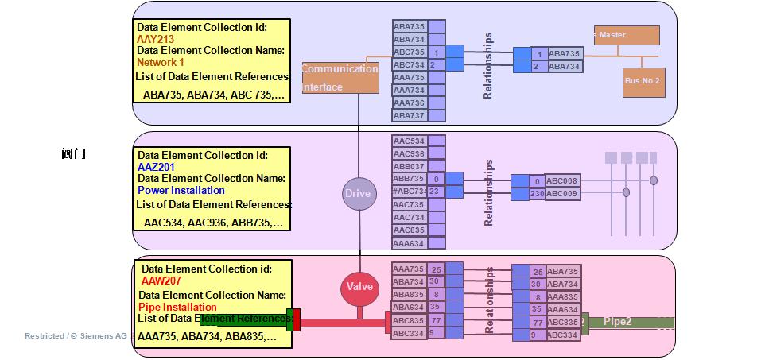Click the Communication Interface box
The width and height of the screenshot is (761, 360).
click(x=340, y=78)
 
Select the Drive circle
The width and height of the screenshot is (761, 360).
click(x=358, y=194)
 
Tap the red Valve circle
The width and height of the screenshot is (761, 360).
click(x=359, y=287)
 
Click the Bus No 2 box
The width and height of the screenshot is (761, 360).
click(x=643, y=82)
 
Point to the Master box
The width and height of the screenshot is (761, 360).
click(x=627, y=35)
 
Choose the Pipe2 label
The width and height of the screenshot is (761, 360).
click(x=618, y=322)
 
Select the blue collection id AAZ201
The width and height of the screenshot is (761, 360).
click(x=156, y=168)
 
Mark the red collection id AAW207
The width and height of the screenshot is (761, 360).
click(x=161, y=281)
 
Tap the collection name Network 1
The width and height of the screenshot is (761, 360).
click(x=161, y=63)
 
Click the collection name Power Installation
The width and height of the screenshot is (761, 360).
click(x=181, y=191)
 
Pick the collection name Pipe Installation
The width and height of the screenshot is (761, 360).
click(x=177, y=307)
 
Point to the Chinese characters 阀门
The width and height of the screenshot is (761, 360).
click(x=74, y=154)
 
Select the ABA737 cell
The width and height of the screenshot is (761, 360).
click(x=409, y=116)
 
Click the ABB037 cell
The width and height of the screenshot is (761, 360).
click(x=409, y=167)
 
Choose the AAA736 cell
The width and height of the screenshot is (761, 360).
click(x=409, y=103)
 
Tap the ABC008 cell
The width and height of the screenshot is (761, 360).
click(x=562, y=181)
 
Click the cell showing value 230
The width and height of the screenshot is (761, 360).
click(x=537, y=194)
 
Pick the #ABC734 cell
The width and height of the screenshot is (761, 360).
click(x=410, y=192)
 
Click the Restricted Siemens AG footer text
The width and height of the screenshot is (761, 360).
click(x=76, y=336)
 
